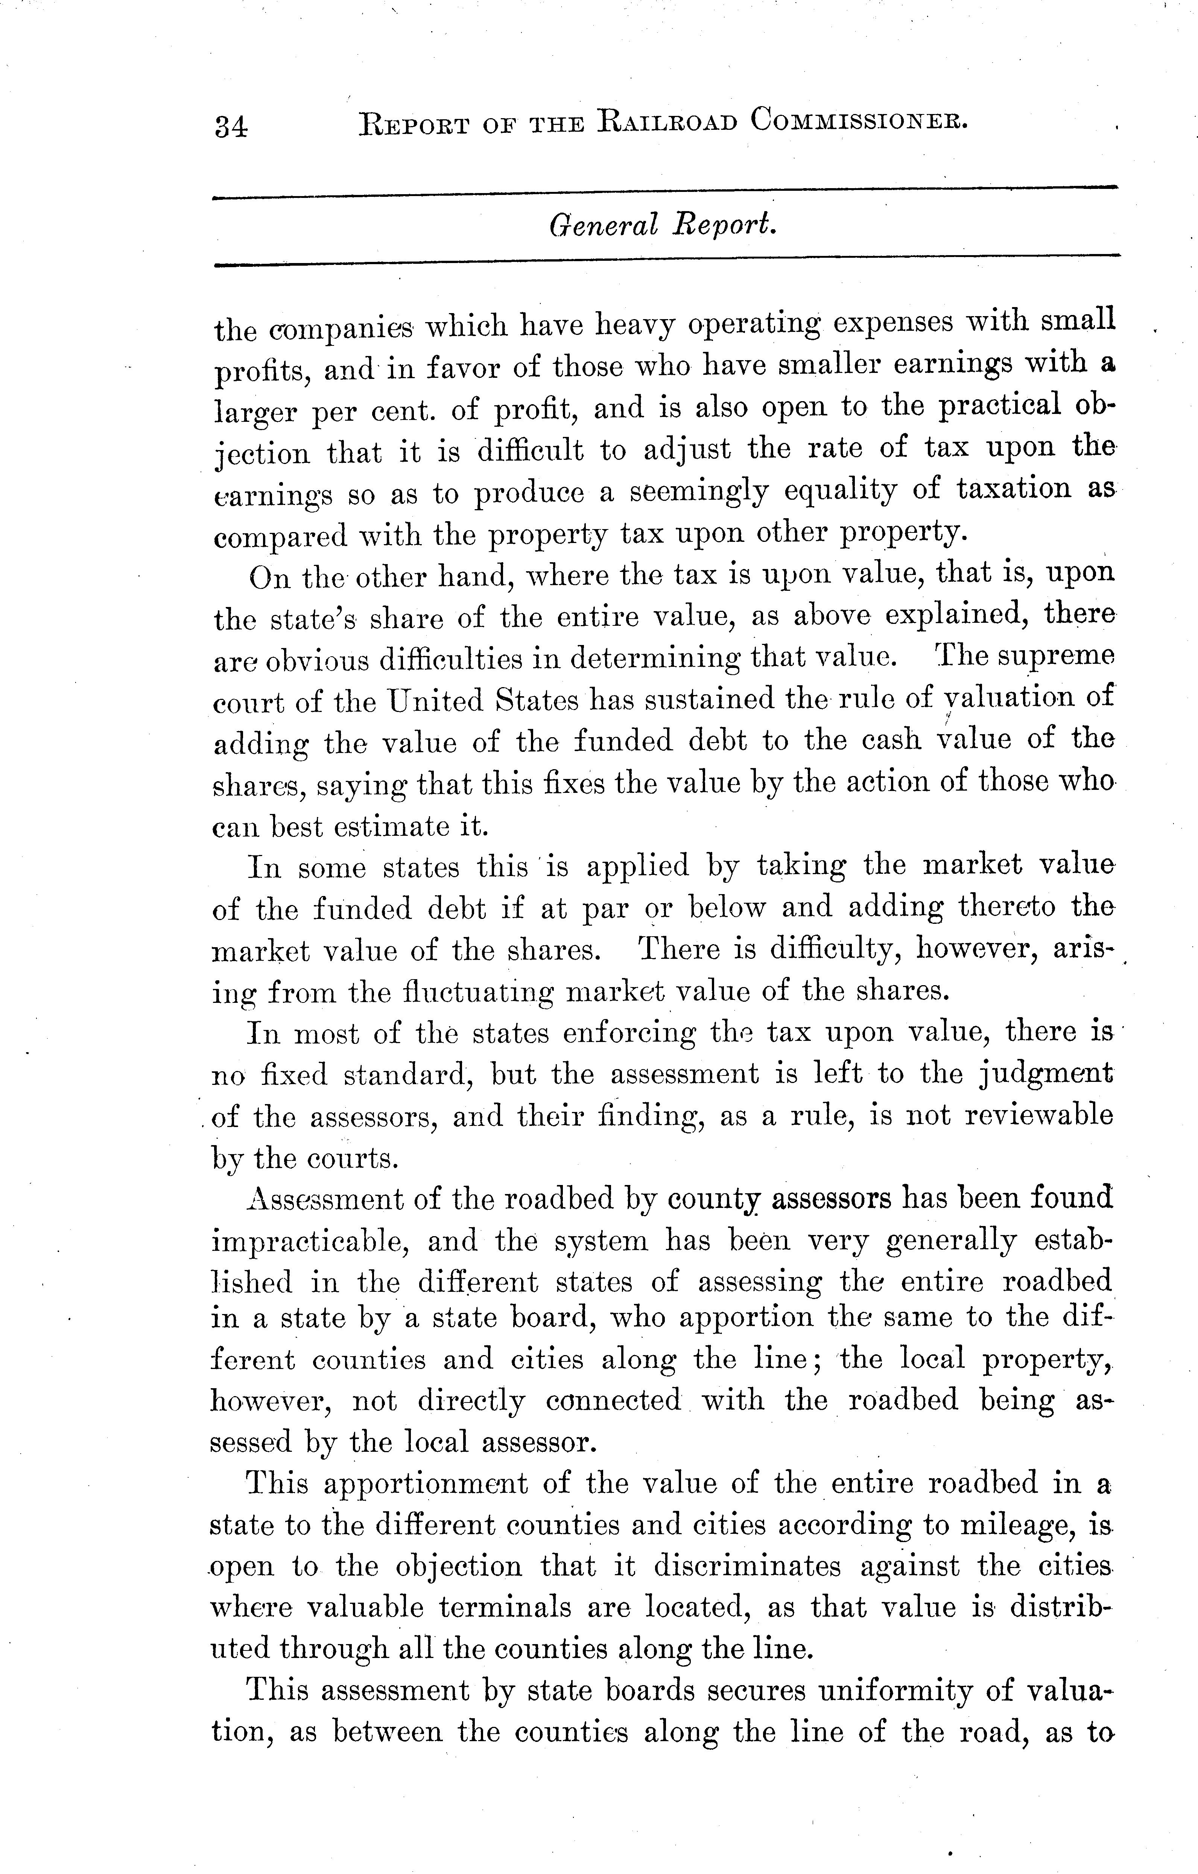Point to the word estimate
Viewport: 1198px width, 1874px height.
tap(388, 826)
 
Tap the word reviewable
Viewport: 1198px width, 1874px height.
tap(1038, 1115)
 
